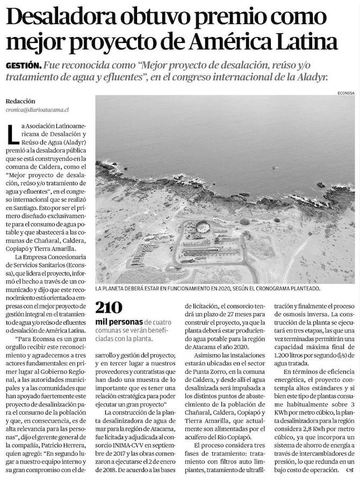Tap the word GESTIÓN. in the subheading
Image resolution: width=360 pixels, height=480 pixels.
(23, 66)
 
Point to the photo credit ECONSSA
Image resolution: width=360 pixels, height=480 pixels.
(344, 92)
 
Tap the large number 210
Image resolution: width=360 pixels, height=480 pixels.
(109, 307)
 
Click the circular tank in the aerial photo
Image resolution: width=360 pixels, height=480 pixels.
(203, 227)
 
